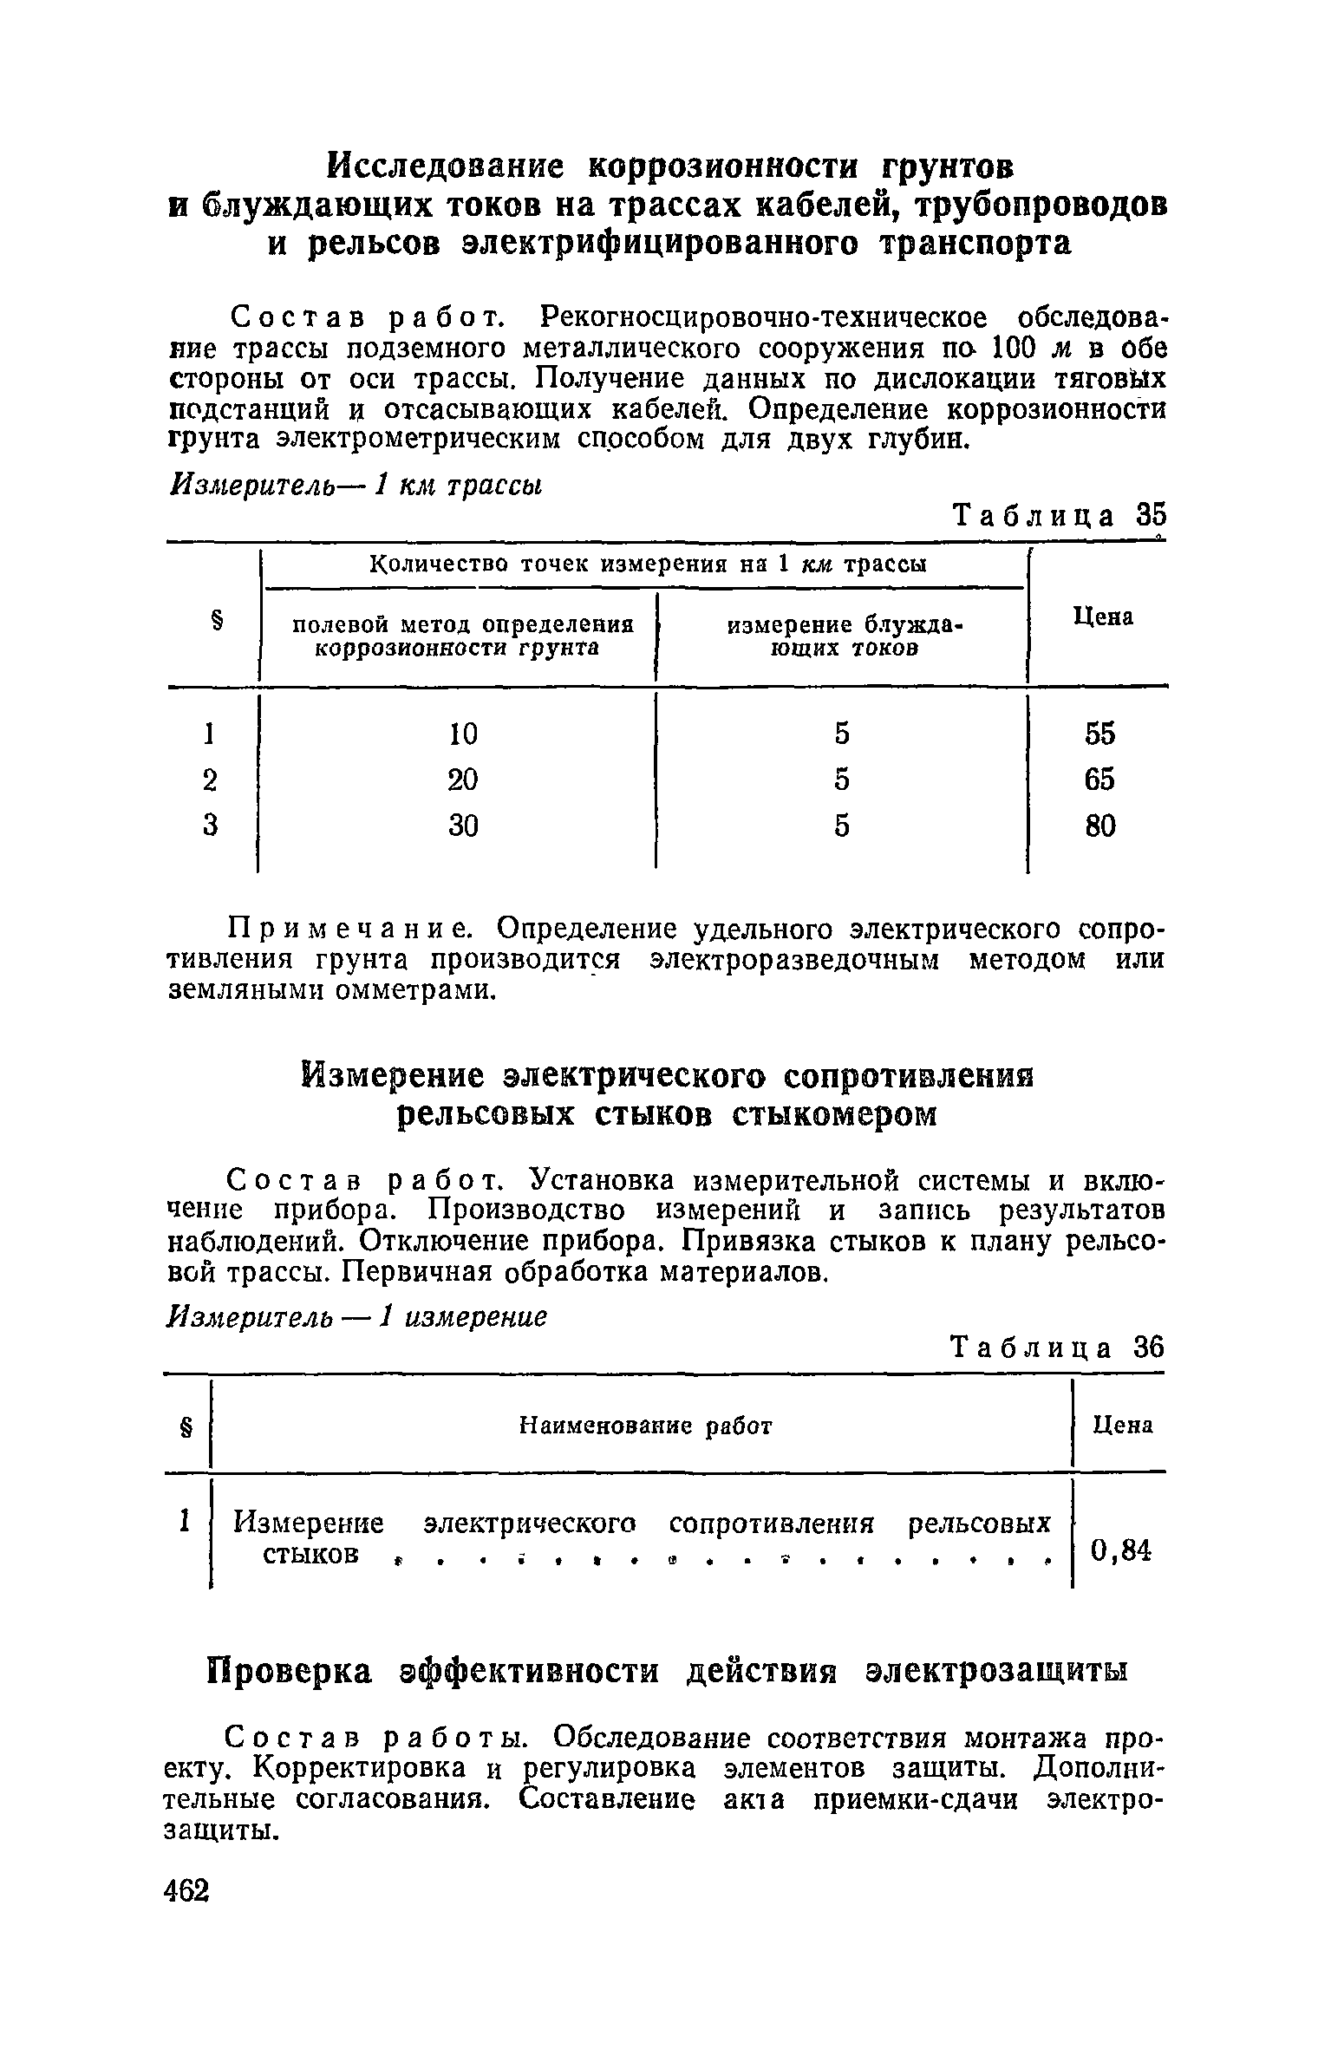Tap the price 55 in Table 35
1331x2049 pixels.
(1099, 734)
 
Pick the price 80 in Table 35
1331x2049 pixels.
(1099, 825)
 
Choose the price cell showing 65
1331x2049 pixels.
(1099, 780)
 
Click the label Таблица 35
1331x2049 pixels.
(1056, 515)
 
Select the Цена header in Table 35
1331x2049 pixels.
(1103, 617)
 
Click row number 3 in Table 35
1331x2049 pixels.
(209, 825)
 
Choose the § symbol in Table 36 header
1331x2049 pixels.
(185, 1425)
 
